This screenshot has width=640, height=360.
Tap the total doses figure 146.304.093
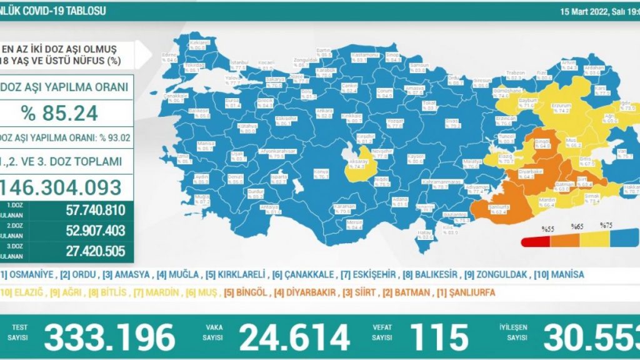click(x=62, y=186)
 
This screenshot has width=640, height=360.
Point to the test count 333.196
click(x=109, y=338)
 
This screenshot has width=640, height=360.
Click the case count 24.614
click(x=294, y=338)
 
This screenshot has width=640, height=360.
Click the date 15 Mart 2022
click(x=590, y=11)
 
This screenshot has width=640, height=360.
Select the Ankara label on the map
click(x=324, y=111)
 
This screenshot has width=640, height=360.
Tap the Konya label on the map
click(x=303, y=172)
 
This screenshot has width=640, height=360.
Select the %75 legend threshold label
click(x=605, y=226)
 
